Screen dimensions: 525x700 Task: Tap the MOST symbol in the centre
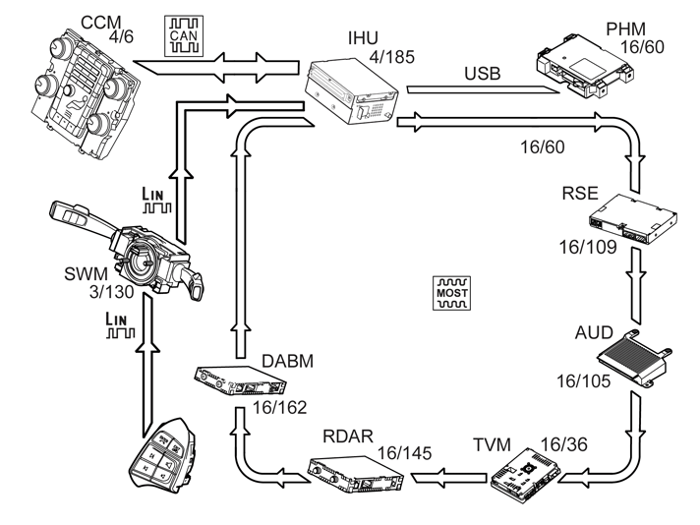(x=451, y=293)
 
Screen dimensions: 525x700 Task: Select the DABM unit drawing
(x=235, y=379)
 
